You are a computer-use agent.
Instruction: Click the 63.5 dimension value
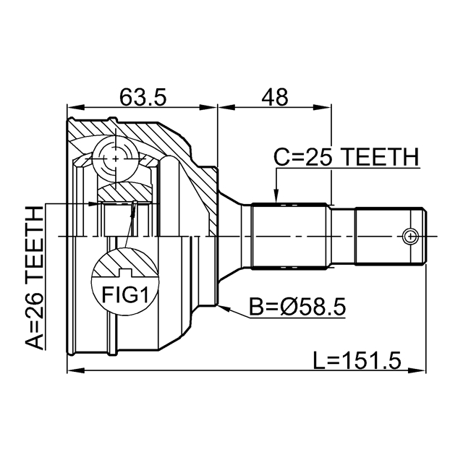point(143,97)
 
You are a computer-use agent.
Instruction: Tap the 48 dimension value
point(274,97)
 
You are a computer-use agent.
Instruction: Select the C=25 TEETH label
point(346,158)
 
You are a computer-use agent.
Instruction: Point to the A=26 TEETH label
point(35,278)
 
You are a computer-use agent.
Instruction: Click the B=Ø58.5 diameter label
point(297,307)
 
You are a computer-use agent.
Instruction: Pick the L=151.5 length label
point(357,360)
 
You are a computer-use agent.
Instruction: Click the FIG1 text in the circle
point(124,294)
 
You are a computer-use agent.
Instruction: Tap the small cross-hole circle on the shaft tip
point(410,237)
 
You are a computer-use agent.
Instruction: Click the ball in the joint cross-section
point(116,159)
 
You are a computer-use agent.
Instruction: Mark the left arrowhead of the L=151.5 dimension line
point(76,370)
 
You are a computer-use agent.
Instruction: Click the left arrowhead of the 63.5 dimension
point(76,107)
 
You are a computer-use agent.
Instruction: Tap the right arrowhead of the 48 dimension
point(323,107)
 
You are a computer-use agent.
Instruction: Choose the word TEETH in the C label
point(381,158)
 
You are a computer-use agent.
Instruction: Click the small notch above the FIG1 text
point(125,273)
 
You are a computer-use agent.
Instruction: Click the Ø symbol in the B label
point(289,307)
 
